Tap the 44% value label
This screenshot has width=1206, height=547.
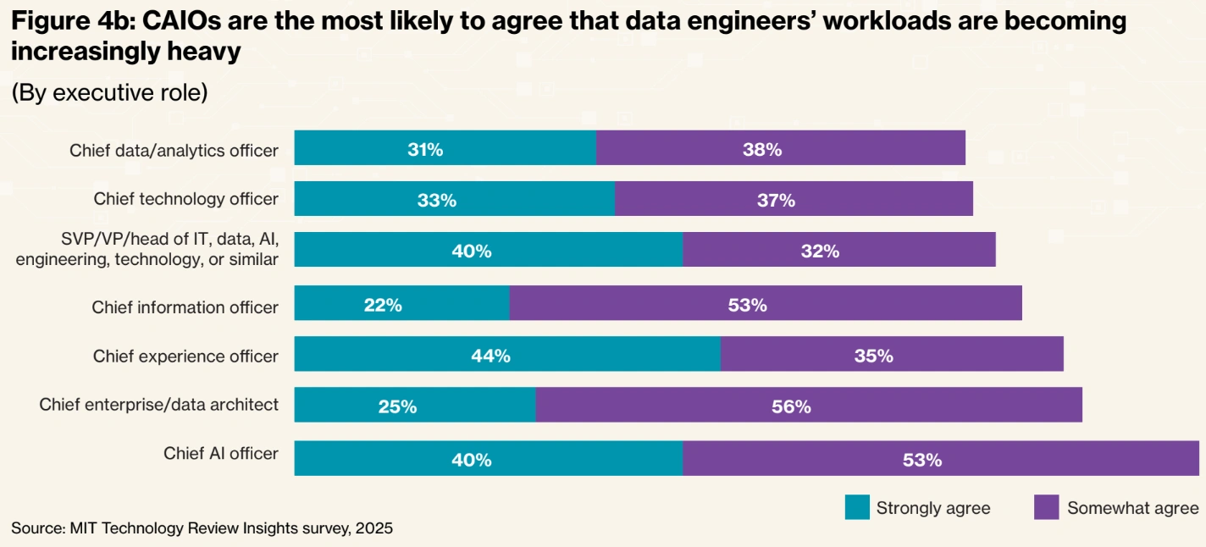(490, 356)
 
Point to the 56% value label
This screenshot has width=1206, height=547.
(791, 406)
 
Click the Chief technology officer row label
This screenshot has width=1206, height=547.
(185, 199)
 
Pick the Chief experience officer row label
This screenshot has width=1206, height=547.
(185, 356)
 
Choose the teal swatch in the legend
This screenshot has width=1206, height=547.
(857, 508)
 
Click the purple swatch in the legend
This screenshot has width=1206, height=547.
(1047, 508)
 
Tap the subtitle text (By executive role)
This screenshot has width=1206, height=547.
(109, 92)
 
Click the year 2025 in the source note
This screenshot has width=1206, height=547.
(374, 528)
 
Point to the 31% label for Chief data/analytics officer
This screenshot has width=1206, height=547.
(424, 150)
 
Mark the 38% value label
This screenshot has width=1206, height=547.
(762, 150)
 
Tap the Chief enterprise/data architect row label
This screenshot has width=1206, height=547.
(159, 405)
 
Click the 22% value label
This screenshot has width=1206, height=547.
(383, 305)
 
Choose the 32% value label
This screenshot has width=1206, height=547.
(820, 251)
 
